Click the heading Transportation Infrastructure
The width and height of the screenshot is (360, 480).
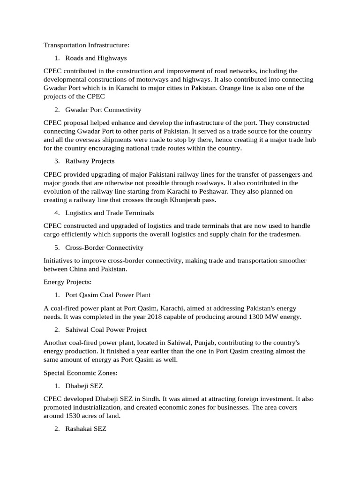pos(86,45)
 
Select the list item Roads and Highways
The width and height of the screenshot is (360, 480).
pos(96,58)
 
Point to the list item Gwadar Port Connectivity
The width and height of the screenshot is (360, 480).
pos(103,110)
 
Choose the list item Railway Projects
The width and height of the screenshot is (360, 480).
pos(90,161)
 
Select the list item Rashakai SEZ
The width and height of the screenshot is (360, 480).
pos(86,428)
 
